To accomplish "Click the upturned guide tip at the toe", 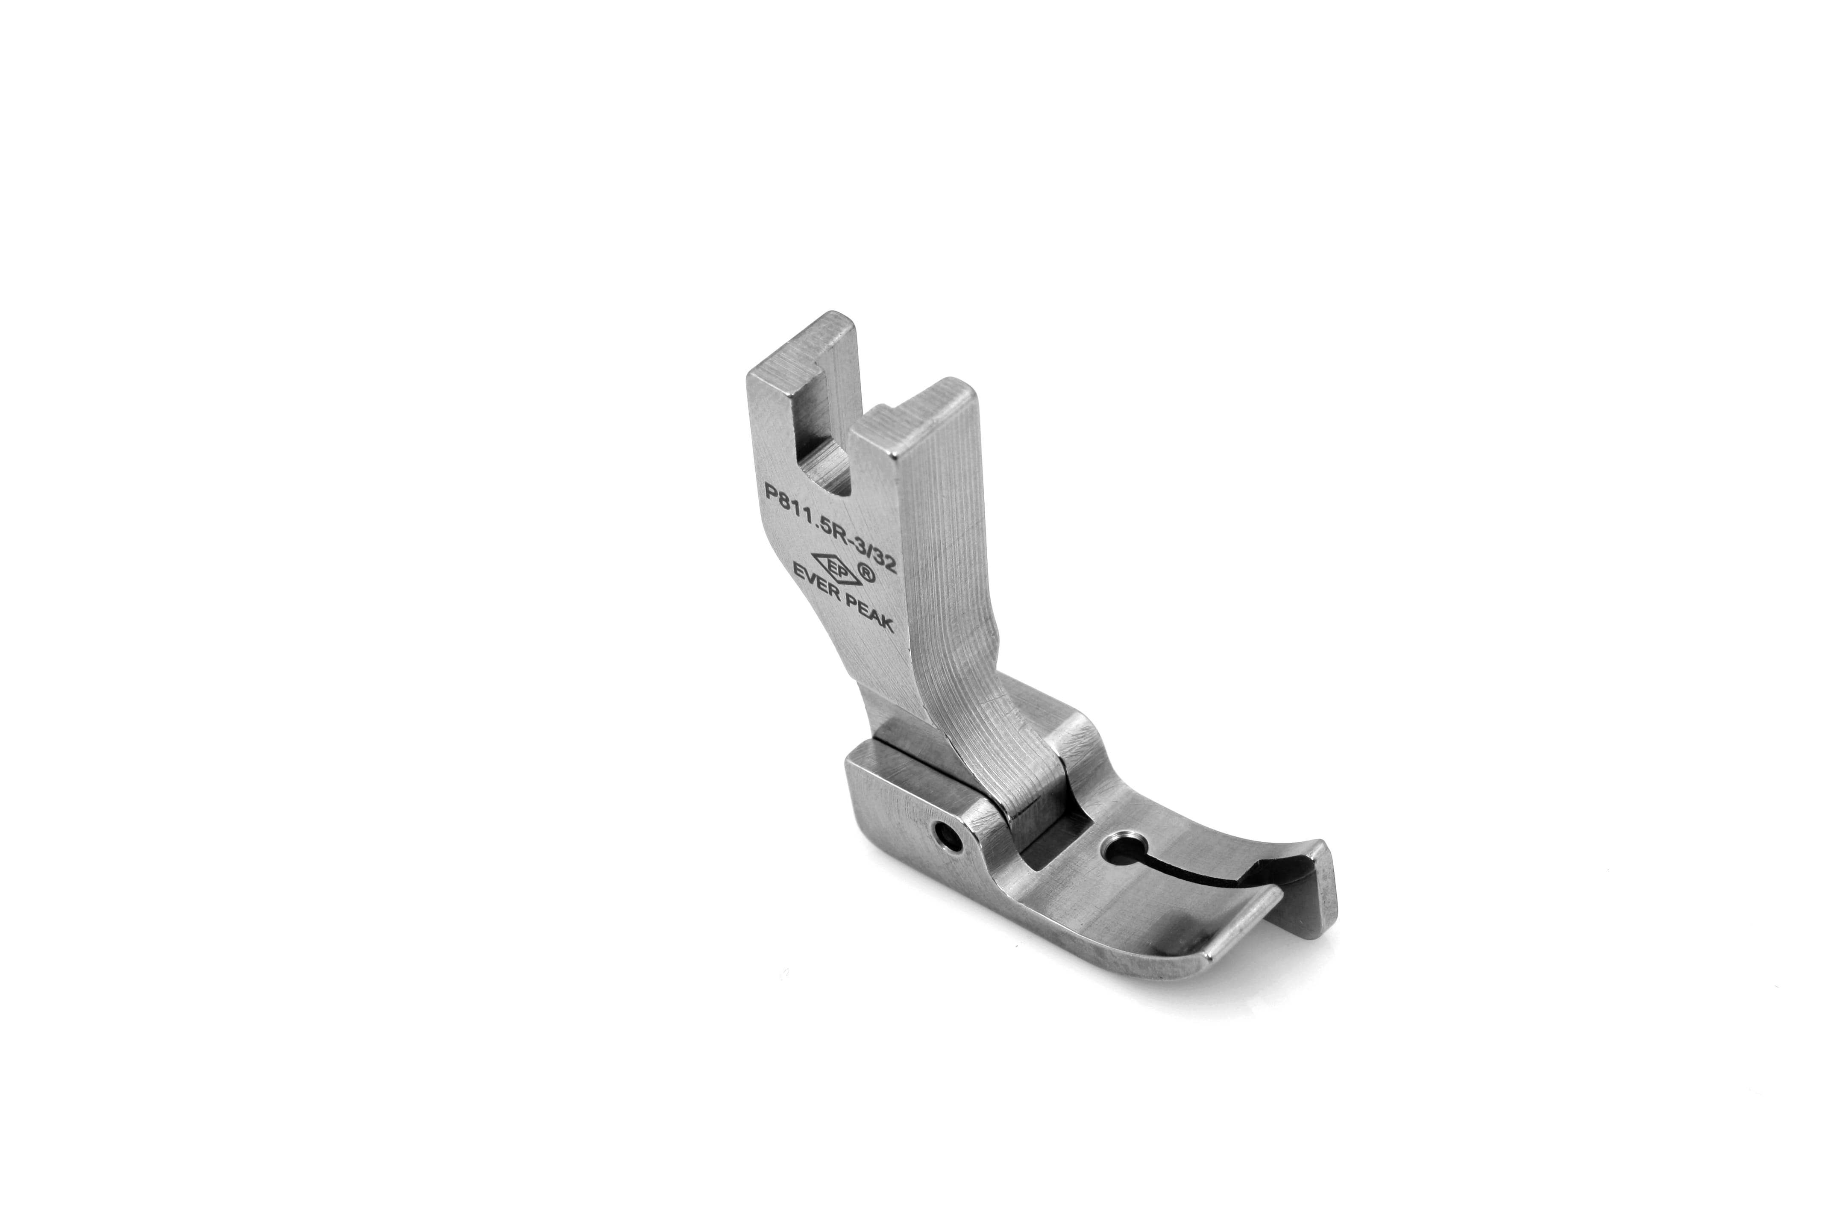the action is tap(1312, 885).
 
